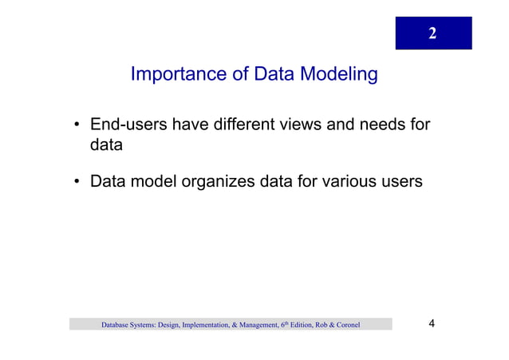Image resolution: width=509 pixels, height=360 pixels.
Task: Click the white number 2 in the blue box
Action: tap(432, 34)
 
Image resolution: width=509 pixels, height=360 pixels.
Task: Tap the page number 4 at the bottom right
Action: tap(432, 323)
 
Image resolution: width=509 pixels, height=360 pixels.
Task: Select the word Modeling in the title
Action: tap(338, 76)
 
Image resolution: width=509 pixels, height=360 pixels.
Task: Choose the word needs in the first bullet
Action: tap(382, 125)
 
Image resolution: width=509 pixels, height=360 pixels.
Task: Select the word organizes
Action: tap(217, 182)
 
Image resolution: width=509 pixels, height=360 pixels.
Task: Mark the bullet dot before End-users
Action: tap(77, 126)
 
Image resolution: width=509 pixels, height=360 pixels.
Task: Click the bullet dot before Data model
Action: tap(77, 183)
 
